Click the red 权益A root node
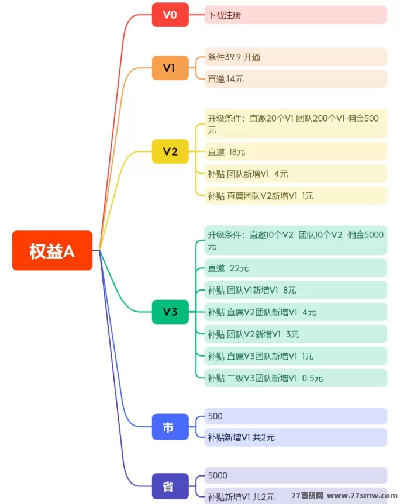coord(52,250)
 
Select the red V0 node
coord(170,15)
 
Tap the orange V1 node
coord(170,68)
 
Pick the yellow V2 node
coord(170,151)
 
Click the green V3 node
coord(170,312)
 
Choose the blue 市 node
coord(170,427)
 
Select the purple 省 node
coord(170,486)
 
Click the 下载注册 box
coord(295,15)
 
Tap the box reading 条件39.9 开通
coord(295,57)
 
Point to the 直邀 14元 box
coord(295,79)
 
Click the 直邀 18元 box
coord(295,151)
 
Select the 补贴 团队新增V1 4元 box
coord(295,174)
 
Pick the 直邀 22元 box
coord(295,268)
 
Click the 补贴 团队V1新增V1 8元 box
coord(295,290)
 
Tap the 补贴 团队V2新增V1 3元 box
coord(295,334)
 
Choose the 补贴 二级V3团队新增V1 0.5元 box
coord(295,378)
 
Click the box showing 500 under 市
coord(295,416)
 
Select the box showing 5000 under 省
coord(295,475)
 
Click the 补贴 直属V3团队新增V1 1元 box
coord(295,355)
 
